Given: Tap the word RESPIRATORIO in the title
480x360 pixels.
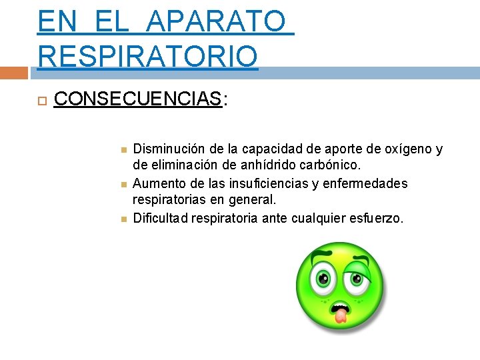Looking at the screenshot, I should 147,55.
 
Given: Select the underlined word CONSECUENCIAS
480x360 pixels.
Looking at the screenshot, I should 137,99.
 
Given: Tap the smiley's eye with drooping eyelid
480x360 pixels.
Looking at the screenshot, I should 358,279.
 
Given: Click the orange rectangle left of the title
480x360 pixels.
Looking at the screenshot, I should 14,73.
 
